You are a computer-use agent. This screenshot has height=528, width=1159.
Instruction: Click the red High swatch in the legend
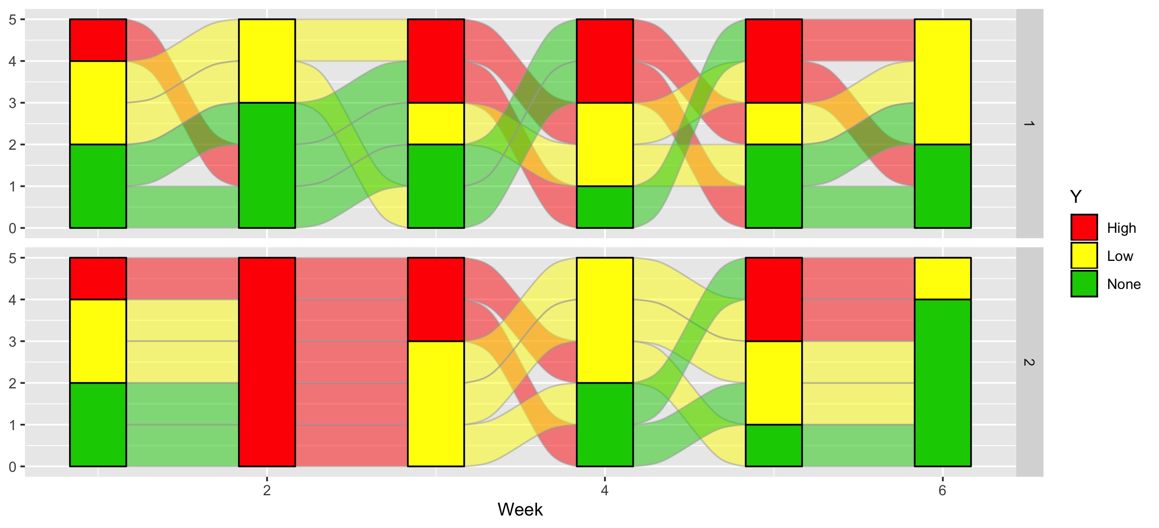click(x=1084, y=228)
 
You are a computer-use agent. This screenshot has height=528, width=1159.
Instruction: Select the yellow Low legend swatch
click(x=1084, y=255)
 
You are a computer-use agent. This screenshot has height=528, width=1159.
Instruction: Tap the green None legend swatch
click(x=1084, y=283)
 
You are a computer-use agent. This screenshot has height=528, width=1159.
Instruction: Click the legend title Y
click(x=1075, y=197)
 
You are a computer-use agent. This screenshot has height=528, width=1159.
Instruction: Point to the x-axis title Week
click(x=520, y=510)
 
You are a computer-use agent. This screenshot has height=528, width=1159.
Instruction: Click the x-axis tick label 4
click(x=604, y=490)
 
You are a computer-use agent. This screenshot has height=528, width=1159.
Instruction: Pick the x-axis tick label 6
click(x=942, y=490)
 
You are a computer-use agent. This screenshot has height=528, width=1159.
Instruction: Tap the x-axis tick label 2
click(x=267, y=490)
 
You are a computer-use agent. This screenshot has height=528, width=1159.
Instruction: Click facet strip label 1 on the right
click(x=1029, y=123)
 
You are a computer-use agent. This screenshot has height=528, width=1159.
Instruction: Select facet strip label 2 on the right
click(x=1029, y=361)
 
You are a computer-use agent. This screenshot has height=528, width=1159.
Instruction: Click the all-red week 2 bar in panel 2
click(x=267, y=361)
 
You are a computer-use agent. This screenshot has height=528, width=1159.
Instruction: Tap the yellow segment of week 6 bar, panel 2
click(x=942, y=278)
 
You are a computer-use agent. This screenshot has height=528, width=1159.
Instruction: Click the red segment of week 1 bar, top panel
click(x=98, y=40)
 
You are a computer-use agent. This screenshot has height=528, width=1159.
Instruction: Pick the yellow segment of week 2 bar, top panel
click(x=267, y=61)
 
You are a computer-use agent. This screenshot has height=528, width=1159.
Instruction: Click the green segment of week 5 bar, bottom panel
click(x=773, y=445)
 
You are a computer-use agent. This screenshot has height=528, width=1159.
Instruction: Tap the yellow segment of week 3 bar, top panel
click(x=436, y=123)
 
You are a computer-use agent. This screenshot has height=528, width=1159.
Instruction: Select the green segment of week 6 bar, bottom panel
click(x=942, y=382)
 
